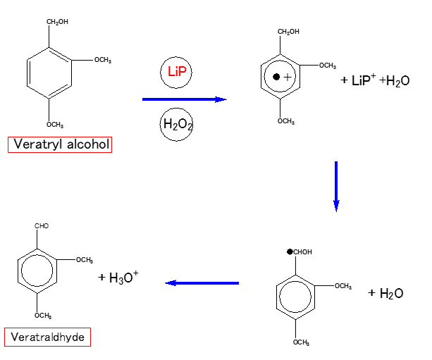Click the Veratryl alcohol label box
pyautogui.click(x=61, y=144)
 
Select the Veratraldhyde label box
pyautogui.click(x=48, y=337)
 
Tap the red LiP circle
pyautogui.click(x=175, y=73)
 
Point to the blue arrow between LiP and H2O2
pyautogui.click(x=184, y=99)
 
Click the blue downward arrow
pyautogui.click(x=336, y=186)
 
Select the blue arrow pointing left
pyautogui.click(x=202, y=283)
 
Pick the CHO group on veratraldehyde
pyautogui.click(x=42, y=226)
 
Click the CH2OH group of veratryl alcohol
pyautogui.click(x=58, y=22)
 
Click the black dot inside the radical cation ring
pyautogui.click(x=277, y=75)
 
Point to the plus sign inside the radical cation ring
pyautogui.click(x=287, y=76)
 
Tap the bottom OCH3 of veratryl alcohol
pyautogui.click(x=55, y=125)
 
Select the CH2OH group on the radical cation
pyautogui.click(x=288, y=32)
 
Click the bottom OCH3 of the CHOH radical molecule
pyautogui.click(x=301, y=342)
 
